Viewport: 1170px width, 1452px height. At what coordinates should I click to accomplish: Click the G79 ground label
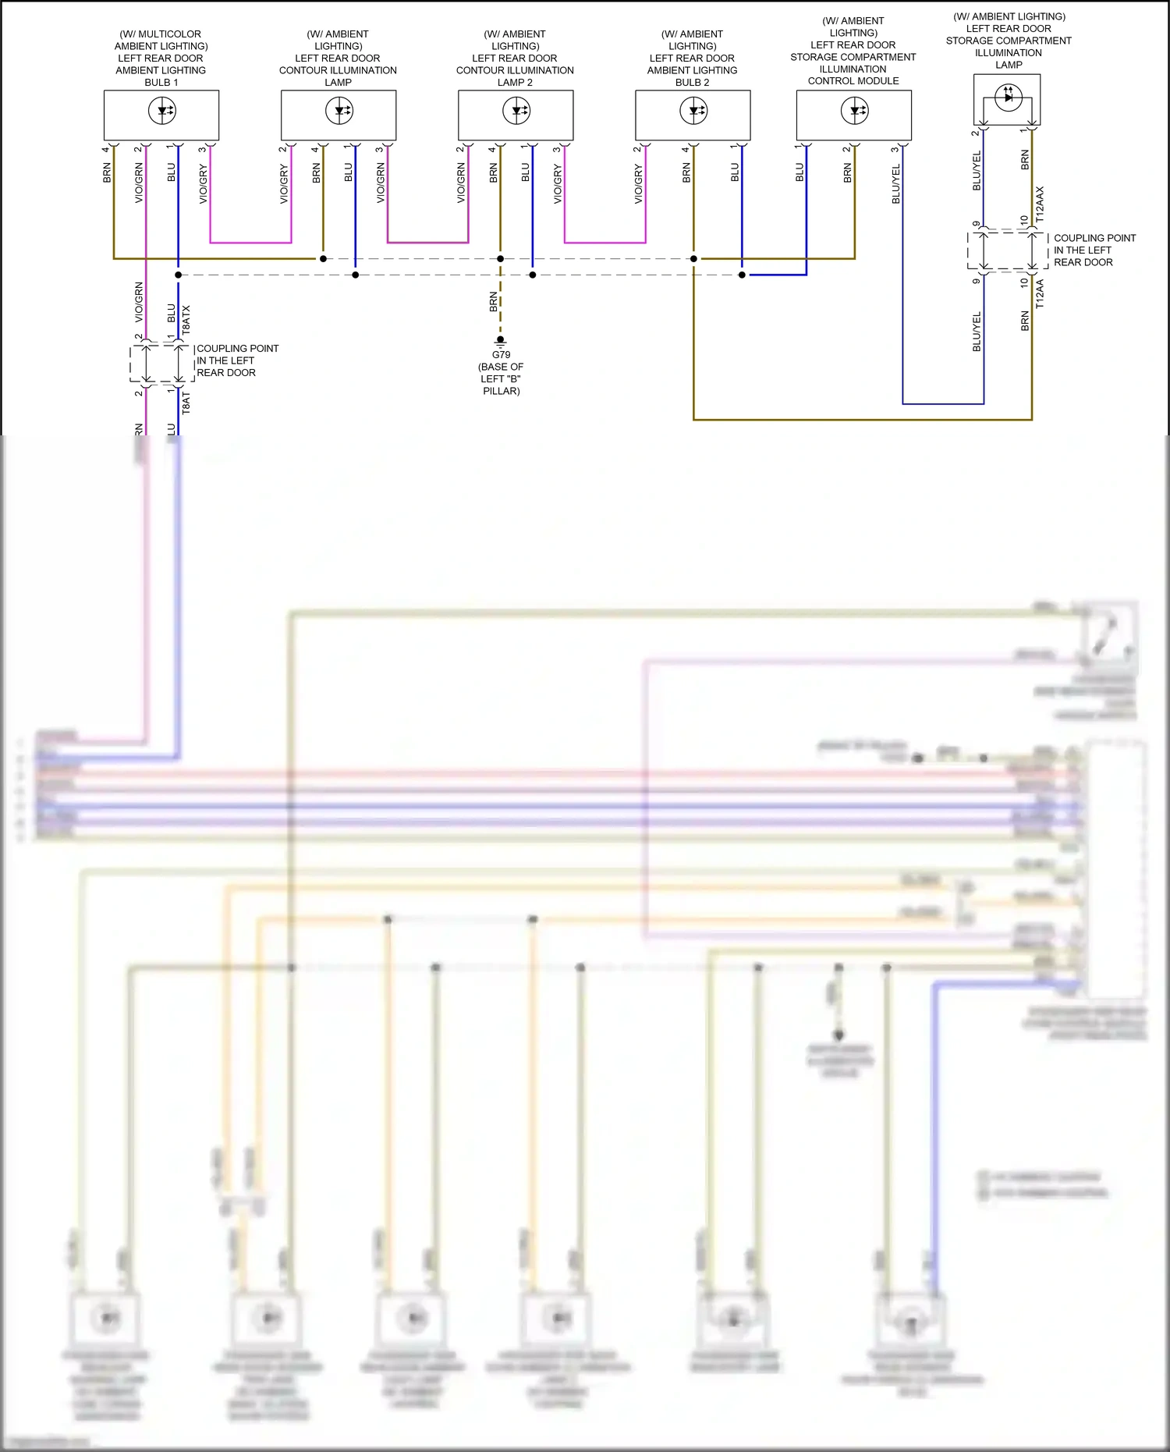tap(501, 354)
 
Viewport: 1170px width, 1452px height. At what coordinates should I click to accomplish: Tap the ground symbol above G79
tap(501, 341)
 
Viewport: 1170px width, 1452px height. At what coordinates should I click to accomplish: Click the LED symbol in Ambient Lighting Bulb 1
tap(162, 111)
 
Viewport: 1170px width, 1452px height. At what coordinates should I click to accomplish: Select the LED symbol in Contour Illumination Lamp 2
tap(516, 111)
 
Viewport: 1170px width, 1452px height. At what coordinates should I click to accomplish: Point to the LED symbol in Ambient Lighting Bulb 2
tap(693, 111)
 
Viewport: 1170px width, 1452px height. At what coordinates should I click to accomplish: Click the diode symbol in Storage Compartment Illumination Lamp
tap(1009, 97)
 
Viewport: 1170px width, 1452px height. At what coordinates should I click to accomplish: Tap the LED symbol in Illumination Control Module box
tap(855, 111)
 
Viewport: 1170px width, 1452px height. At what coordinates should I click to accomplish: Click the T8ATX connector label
tap(186, 320)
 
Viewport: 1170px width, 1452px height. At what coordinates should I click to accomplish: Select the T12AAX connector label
tap(1040, 203)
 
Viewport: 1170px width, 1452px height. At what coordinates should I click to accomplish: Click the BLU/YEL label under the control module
tap(896, 184)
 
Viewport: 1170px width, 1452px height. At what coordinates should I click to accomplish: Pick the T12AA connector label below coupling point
tap(1040, 294)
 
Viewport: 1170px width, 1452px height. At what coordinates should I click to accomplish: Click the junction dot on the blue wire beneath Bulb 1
tap(179, 275)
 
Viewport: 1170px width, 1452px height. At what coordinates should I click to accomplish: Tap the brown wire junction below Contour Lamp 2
tap(501, 258)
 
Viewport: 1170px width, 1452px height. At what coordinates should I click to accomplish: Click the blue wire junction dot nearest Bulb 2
tap(742, 275)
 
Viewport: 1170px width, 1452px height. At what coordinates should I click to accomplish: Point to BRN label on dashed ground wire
tap(493, 302)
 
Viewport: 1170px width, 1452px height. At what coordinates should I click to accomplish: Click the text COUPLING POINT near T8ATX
tap(237, 349)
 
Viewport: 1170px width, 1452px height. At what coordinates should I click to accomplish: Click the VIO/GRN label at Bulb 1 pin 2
tap(139, 184)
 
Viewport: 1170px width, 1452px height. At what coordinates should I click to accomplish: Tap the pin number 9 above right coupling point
tap(976, 224)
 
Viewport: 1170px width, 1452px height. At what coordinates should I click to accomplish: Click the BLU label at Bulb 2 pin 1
tap(735, 172)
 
